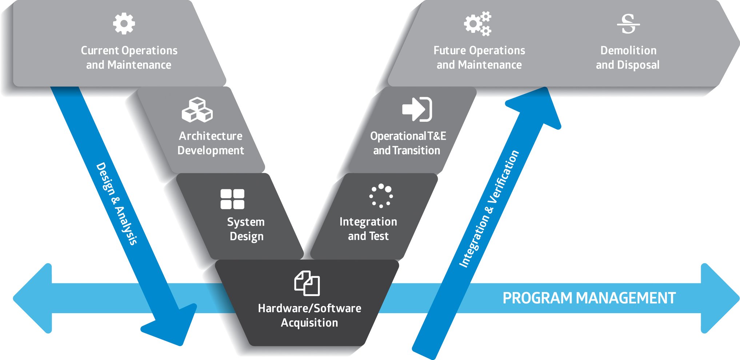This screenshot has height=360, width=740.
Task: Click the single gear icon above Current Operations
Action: coord(124,24)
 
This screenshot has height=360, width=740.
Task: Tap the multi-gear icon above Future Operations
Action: coord(477,24)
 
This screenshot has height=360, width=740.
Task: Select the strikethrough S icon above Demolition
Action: coord(628,24)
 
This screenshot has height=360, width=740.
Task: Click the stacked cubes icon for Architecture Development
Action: coord(197,110)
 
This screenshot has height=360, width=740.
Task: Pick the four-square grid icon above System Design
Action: coord(232,199)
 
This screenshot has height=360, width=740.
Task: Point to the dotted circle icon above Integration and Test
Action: coord(381,196)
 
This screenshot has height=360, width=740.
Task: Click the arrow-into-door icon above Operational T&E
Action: coord(417,109)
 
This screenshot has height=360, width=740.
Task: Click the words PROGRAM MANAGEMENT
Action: coord(589,298)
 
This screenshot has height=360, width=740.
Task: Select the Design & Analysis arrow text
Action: coord(117,204)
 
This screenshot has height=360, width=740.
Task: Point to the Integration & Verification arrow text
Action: coord(489,209)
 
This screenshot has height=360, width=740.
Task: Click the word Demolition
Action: coord(628,50)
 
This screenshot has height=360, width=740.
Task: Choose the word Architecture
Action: coord(211,136)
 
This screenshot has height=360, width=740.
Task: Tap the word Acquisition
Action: coord(309,323)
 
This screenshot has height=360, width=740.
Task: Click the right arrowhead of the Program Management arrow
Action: coord(718,298)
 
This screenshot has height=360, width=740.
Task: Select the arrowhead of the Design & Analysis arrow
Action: coord(171,325)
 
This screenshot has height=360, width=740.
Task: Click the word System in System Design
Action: coord(246,222)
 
